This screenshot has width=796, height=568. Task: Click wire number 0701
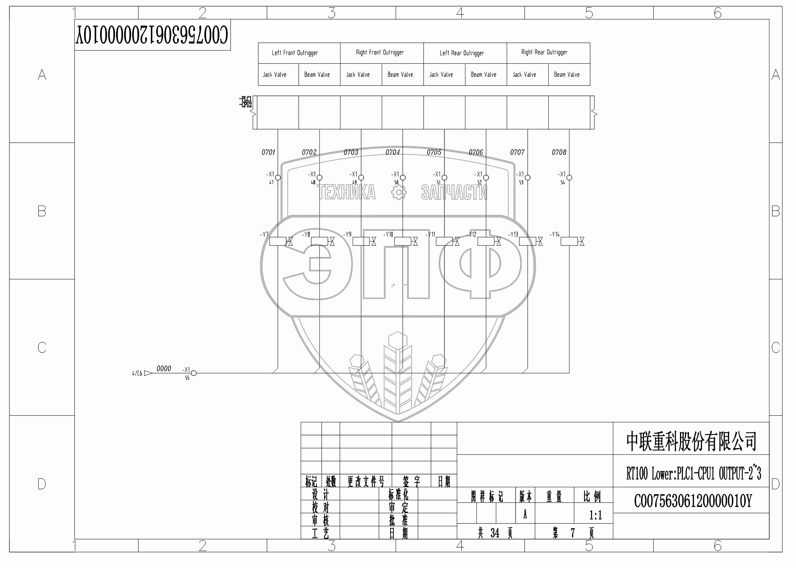point(268,153)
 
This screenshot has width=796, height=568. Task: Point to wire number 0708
point(559,153)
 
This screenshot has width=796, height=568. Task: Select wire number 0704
point(392,153)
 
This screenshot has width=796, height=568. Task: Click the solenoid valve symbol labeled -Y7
point(280,241)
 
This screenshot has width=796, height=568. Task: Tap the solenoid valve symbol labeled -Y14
point(572,241)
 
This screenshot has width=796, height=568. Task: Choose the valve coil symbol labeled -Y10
point(405,241)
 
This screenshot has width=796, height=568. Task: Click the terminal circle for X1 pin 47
point(278,178)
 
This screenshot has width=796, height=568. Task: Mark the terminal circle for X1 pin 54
point(569,178)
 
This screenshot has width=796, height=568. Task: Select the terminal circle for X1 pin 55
point(194,373)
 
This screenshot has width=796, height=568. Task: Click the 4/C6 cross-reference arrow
point(147,374)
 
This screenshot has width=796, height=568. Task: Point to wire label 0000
point(164,369)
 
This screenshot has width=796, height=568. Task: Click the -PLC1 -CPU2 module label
point(246,102)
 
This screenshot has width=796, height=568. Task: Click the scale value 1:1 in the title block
point(595,515)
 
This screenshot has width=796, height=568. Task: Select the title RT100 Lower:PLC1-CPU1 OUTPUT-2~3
point(694,474)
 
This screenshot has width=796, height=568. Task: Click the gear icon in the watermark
point(398,193)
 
